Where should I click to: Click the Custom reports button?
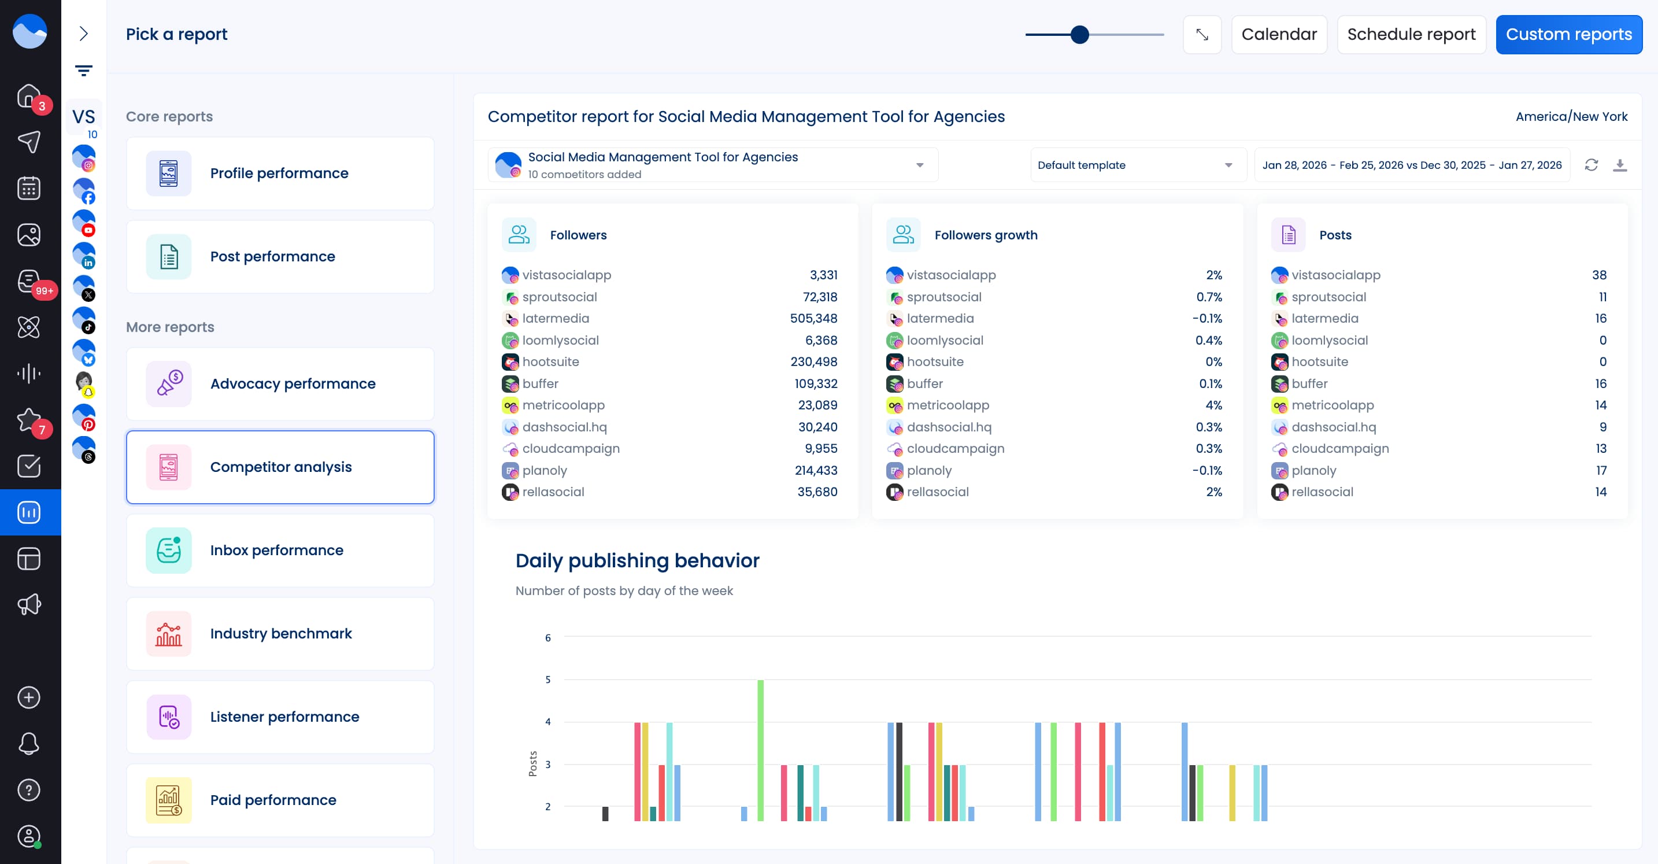tap(1568, 34)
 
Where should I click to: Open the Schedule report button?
tap(1411, 34)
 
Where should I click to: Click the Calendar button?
tap(1278, 34)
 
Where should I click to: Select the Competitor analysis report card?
tap(280, 467)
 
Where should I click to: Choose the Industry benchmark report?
tap(280, 633)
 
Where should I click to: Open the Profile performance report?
tap(280, 173)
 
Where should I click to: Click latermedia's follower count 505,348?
tap(813, 318)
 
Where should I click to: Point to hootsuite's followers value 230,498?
tap(813, 361)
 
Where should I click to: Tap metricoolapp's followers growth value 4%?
tap(1213, 405)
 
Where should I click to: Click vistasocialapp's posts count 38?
tap(1599, 275)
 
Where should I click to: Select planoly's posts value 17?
tap(1601, 470)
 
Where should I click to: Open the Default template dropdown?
tap(1137, 165)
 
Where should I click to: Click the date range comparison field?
tap(1412, 165)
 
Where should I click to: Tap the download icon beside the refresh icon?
tap(1619, 165)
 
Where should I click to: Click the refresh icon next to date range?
tap(1591, 165)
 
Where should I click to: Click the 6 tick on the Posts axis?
tap(547, 637)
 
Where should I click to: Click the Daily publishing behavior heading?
tap(636, 560)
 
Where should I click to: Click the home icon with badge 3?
tap(29, 96)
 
